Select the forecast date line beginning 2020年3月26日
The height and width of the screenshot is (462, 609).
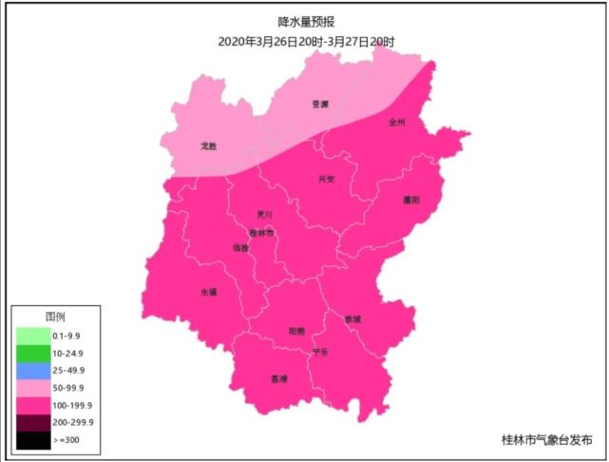[305, 42]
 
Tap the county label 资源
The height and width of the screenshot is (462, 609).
[320, 105]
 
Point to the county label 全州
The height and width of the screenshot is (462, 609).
[397, 123]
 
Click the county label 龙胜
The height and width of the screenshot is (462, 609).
[209, 146]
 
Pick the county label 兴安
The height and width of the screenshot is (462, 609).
[326, 179]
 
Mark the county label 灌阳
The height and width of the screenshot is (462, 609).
[411, 200]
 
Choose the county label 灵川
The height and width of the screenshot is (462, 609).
[265, 215]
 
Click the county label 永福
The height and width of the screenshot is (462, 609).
[208, 292]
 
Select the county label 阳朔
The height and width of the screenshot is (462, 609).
[296, 331]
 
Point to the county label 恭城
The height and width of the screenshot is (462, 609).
[352, 318]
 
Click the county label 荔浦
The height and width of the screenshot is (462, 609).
[278, 378]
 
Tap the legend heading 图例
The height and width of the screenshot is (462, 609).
[55, 317]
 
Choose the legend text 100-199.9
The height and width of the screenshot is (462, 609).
[75, 404]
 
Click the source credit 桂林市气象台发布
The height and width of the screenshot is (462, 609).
[546, 440]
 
